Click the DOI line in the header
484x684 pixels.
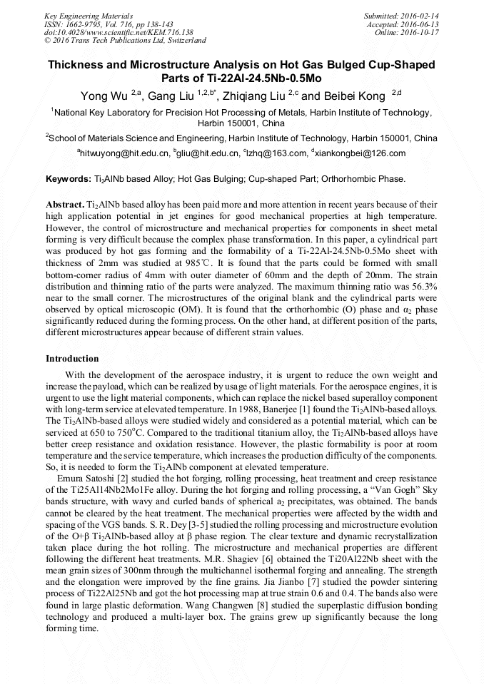(119, 32)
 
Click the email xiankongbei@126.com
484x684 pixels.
(361, 153)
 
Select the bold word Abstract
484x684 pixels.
(66, 204)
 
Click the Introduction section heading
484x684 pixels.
(72, 358)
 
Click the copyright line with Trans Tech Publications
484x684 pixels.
(126, 41)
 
